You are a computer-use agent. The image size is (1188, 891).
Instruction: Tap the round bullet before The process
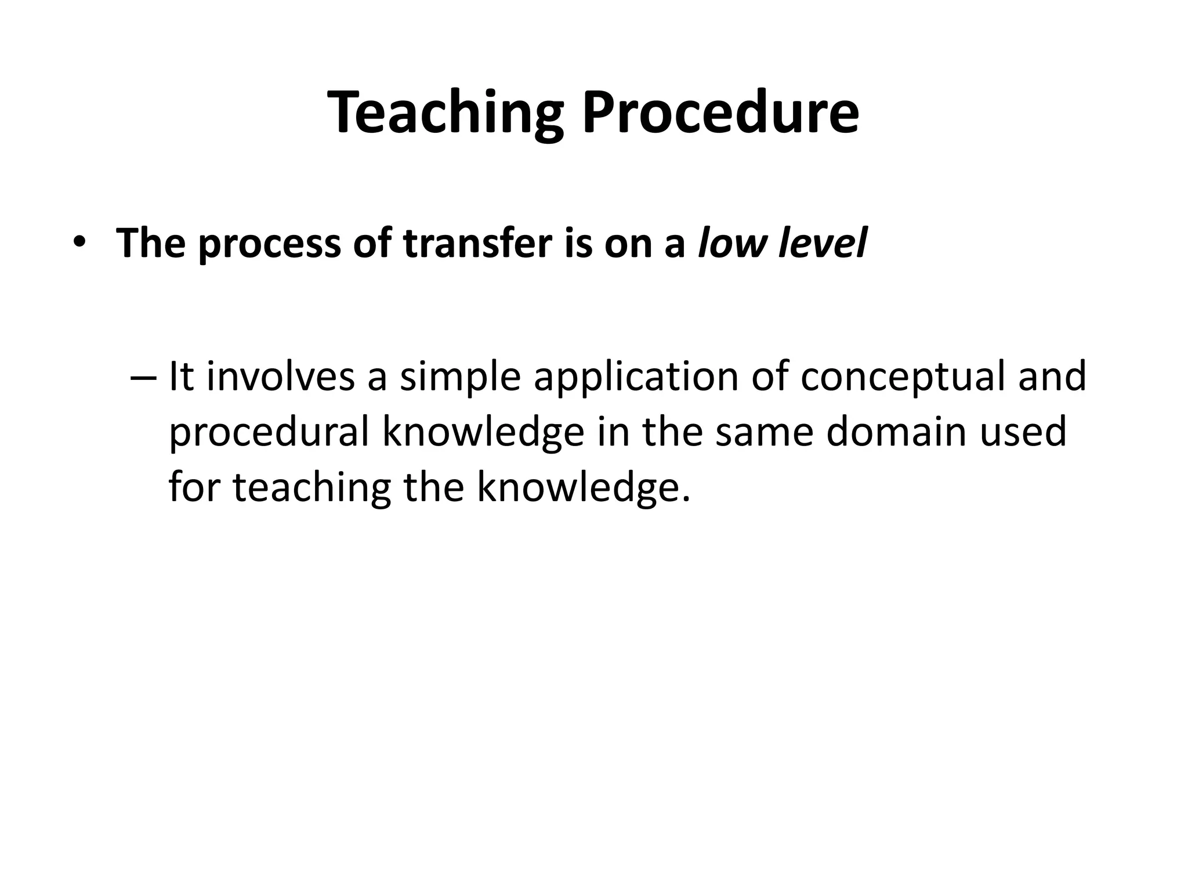click(79, 244)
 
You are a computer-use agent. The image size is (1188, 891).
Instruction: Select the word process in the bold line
click(269, 244)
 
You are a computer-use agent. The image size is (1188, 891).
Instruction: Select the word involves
click(281, 376)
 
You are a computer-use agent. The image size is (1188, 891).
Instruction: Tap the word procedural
click(269, 433)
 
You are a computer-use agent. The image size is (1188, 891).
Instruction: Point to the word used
click(1023, 432)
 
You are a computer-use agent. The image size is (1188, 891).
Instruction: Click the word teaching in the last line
click(312, 487)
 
